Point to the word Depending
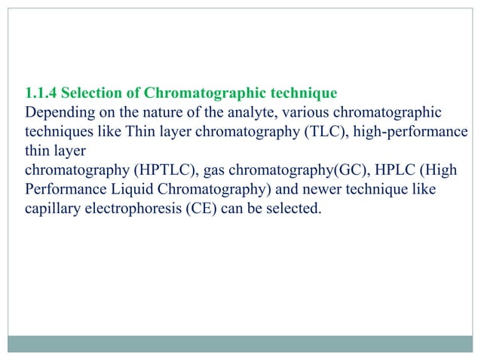[56, 113]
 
